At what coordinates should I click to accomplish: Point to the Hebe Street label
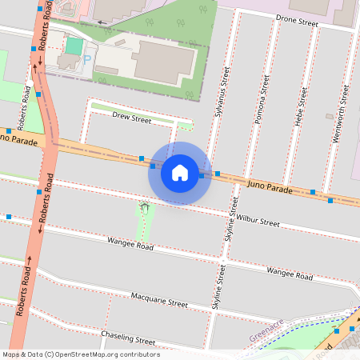click(x=301, y=107)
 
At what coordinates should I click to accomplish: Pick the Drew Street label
click(x=131, y=118)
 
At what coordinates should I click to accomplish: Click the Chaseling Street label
click(x=128, y=338)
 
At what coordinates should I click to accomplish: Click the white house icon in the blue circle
click(x=180, y=173)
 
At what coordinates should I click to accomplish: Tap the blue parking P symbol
click(x=87, y=59)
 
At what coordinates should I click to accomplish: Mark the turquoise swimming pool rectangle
click(x=74, y=46)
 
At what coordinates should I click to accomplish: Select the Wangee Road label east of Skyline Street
click(x=290, y=274)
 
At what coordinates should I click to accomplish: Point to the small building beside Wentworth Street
click(x=329, y=116)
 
